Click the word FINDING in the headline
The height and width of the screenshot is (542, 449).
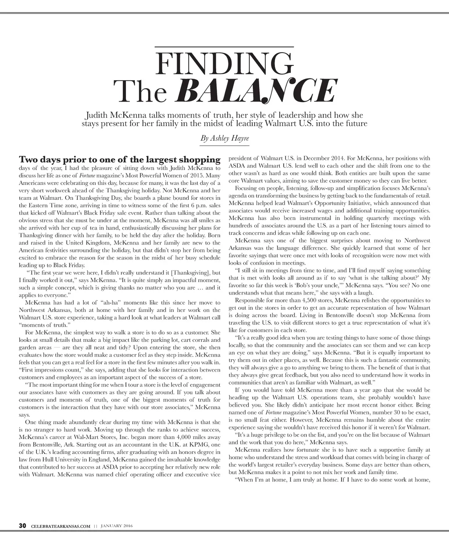pyautogui.click(x=224, y=64)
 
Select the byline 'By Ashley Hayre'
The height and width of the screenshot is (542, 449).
pyautogui.click(x=224, y=138)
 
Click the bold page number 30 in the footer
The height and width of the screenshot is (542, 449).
pyautogui.click(x=22, y=526)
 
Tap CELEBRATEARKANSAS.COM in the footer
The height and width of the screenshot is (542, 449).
pyautogui.click(x=61, y=526)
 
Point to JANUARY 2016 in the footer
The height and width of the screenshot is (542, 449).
pyautogui.click(x=117, y=526)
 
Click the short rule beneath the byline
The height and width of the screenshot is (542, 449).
pyautogui.click(x=224, y=145)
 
